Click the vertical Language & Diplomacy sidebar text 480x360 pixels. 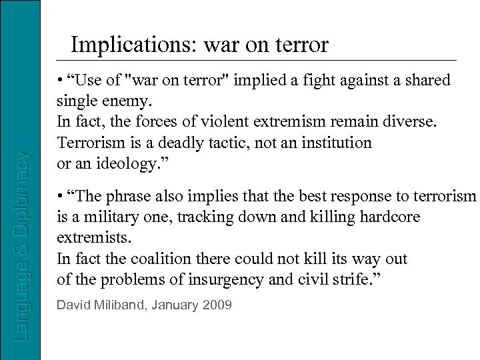[22, 247]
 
